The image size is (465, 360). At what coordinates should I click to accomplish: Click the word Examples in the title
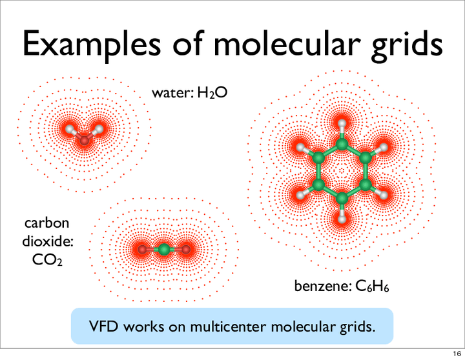pyautogui.click(x=91, y=45)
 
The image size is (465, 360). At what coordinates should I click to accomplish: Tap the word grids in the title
pyautogui.click(x=407, y=45)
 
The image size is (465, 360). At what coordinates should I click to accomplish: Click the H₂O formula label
pyautogui.click(x=212, y=93)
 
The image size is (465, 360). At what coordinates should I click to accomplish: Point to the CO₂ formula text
pyautogui.click(x=47, y=260)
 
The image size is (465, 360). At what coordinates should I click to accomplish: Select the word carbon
pyautogui.click(x=47, y=223)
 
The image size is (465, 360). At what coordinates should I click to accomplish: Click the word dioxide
pyautogui.click(x=48, y=241)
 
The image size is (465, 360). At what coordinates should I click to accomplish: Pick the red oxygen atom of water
pyautogui.click(x=85, y=140)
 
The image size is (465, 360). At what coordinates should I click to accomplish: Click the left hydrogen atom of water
pyautogui.click(x=70, y=129)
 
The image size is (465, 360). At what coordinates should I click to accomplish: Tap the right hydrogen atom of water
pyautogui.click(x=99, y=129)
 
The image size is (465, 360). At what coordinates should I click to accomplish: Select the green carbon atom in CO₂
pyautogui.click(x=163, y=250)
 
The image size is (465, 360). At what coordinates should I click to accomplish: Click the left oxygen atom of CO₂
pyautogui.click(x=142, y=250)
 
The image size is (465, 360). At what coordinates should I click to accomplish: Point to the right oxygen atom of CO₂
pyautogui.click(x=185, y=250)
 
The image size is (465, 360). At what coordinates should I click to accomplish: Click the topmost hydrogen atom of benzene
pyautogui.click(x=342, y=123)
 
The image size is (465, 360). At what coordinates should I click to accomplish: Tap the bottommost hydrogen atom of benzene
pyautogui.click(x=342, y=219)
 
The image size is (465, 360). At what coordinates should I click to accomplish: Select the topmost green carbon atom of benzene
pyautogui.click(x=342, y=144)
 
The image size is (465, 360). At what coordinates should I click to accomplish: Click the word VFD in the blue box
pyautogui.click(x=103, y=326)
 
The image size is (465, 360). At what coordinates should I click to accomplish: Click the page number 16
pyautogui.click(x=457, y=354)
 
